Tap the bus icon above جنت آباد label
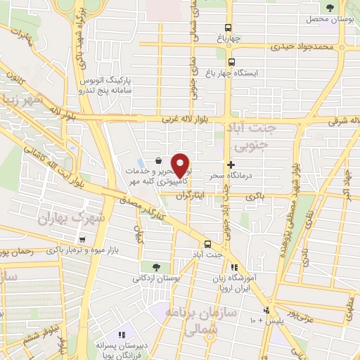pyautogui.click(x=206, y=238)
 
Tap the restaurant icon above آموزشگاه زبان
pyautogui.click(x=235, y=267)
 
